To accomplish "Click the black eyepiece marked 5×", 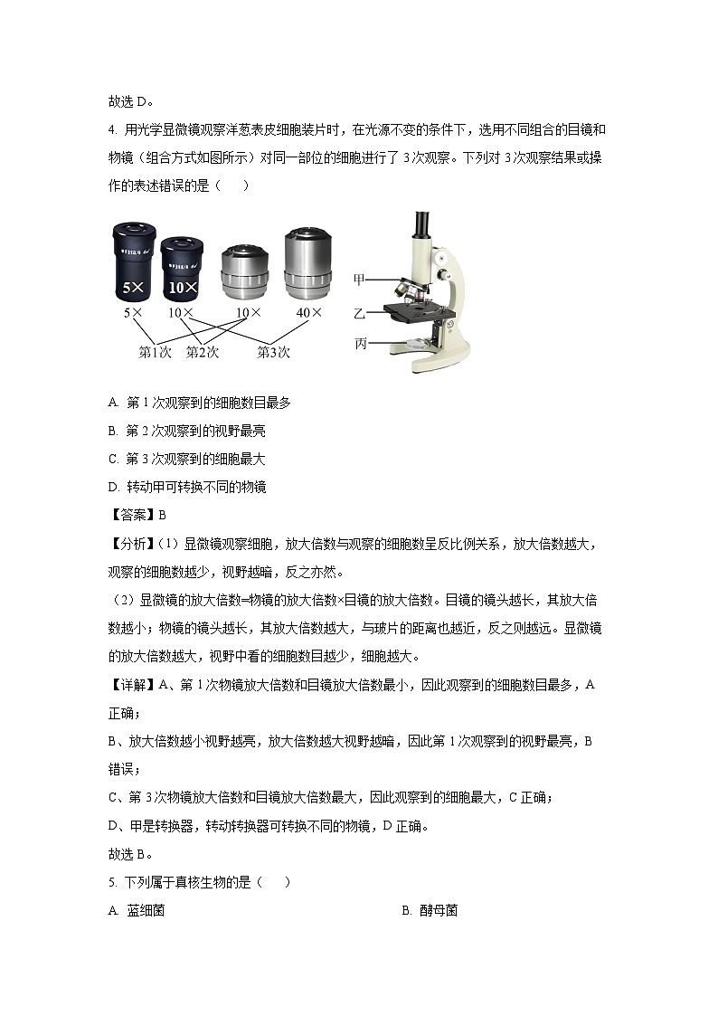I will [133, 261].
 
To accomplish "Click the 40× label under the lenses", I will [308, 313].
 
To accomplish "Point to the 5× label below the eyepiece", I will [133, 313].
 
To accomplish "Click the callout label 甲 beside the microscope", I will [360, 280].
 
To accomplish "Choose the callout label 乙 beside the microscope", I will [360, 313].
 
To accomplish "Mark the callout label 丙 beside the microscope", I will [360, 344].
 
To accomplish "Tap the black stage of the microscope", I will [415, 312].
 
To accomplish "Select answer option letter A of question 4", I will [113, 403].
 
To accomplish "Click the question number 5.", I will [111, 882].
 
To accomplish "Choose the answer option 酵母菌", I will [438, 910].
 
